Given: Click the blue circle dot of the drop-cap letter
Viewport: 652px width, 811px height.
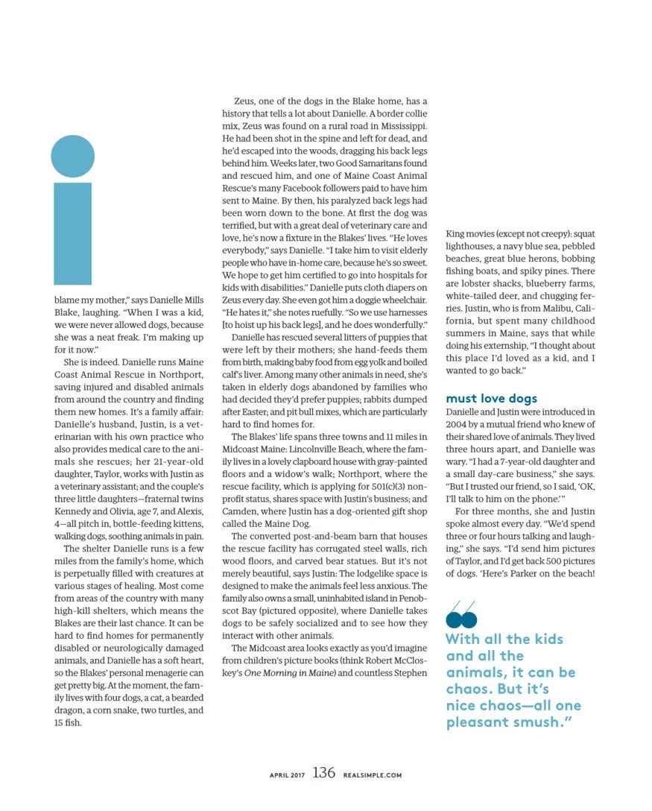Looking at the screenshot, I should point(73,157).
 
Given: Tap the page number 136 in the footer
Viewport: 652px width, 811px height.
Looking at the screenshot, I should point(323,773).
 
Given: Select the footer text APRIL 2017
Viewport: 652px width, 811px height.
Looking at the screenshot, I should point(288,775).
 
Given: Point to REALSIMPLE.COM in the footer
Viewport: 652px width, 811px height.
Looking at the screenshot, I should point(373,775).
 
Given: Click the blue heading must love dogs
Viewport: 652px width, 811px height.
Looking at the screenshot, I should point(491,399).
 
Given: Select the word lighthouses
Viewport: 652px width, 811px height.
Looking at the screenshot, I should point(473,246).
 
